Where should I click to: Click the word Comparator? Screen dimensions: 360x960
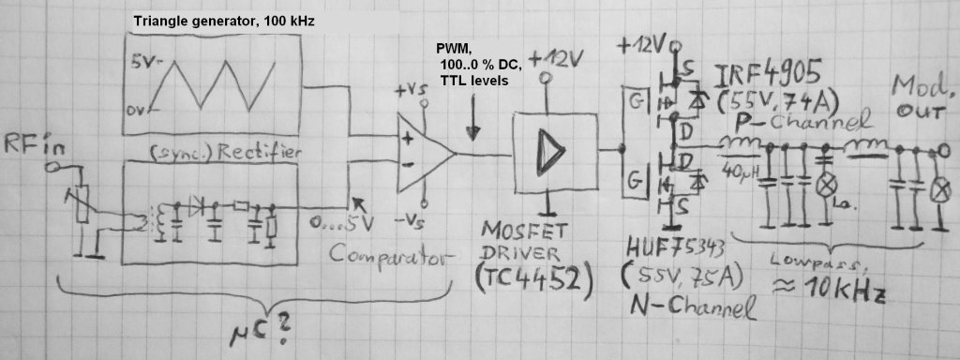pyautogui.click(x=393, y=256)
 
